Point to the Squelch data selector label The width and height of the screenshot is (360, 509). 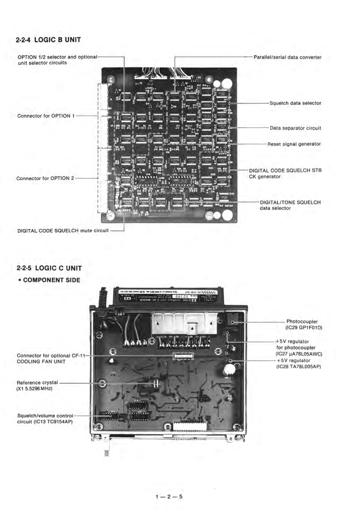pos(295,103)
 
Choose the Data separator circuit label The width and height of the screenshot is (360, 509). pos(295,128)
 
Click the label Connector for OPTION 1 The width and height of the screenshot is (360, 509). pos(46,116)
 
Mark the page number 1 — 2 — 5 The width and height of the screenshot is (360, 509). pos(180,485)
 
